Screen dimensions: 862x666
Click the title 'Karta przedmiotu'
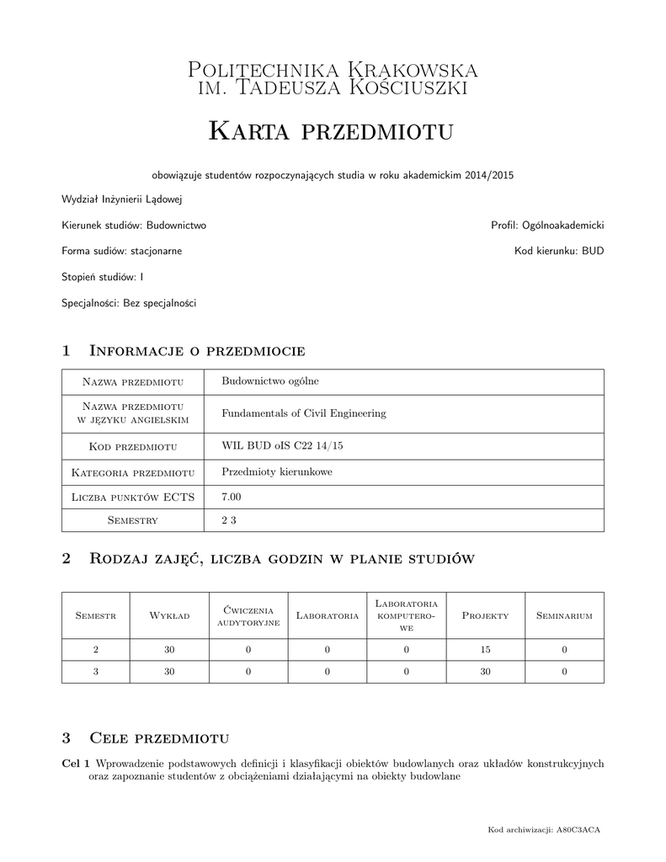point(331,130)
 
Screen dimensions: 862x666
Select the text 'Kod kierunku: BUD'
point(559,251)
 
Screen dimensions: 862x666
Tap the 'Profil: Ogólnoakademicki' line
point(547,226)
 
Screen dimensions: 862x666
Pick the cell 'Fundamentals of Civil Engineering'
point(303,413)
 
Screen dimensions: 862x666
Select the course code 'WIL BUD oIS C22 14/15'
point(275,446)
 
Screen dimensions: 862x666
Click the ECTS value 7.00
point(232,498)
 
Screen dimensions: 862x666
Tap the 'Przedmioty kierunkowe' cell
point(276,472)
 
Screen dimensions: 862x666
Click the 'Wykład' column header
point(169,616)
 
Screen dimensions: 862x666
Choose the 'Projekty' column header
point(486,616)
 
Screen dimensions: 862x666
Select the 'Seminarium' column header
point(564,616)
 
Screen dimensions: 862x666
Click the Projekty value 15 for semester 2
point(486,649)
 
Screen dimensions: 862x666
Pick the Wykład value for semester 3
point(169,672)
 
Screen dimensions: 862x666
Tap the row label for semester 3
point(95,672)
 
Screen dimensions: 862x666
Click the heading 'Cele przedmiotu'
point(159,738)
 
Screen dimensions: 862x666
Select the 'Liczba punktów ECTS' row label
point(133,498)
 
